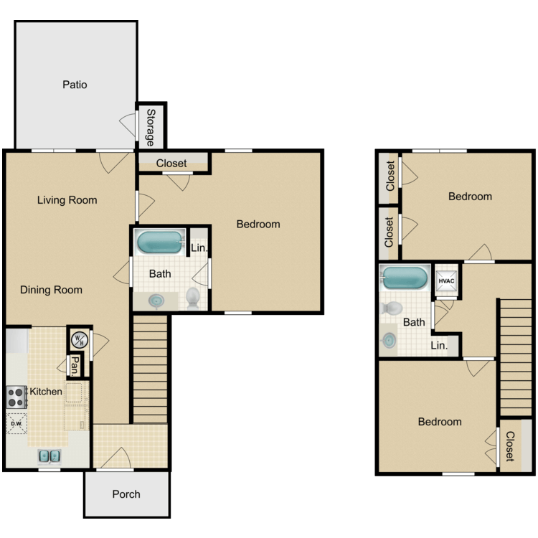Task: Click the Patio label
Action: tap(75, 85)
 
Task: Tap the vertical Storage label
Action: tap(151, 127)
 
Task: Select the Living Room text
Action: tap(67, 200)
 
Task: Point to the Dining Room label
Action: tap(51, 290)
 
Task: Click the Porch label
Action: tap(126, 494)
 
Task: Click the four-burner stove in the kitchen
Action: tap(16, 392)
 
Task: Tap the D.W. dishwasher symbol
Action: tap(16, 423)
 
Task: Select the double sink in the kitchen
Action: tap(49, 456)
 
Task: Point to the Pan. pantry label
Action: tap(75, 366)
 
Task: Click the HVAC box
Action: tap(446, 280)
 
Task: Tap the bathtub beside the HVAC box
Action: tap(405, 278)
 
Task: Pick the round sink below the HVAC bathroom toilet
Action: tap(389, 339)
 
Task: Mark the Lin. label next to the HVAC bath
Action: tap(439, 345)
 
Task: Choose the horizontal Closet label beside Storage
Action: tap(171, 163)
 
